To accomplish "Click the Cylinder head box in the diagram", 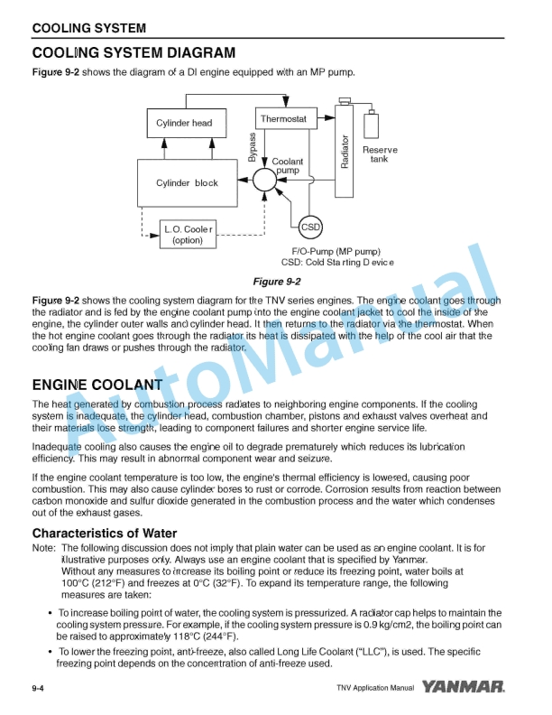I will click(x=184, y=124).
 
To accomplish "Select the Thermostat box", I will click(x=282, y=119).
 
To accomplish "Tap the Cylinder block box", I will click(x=187, y=183).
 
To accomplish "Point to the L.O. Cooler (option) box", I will click(x=188, y=235).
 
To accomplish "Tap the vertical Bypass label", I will click(x=253, y=146).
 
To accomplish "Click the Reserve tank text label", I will click(x=380, y=154).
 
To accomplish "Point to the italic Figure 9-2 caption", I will click(x=277, y=282).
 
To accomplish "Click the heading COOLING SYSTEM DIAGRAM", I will click(x=133, y=53).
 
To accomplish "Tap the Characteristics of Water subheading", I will click(x=105, y=533).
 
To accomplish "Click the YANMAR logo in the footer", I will click(x=474, y=688).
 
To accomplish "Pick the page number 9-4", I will click(x=39, y=689).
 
